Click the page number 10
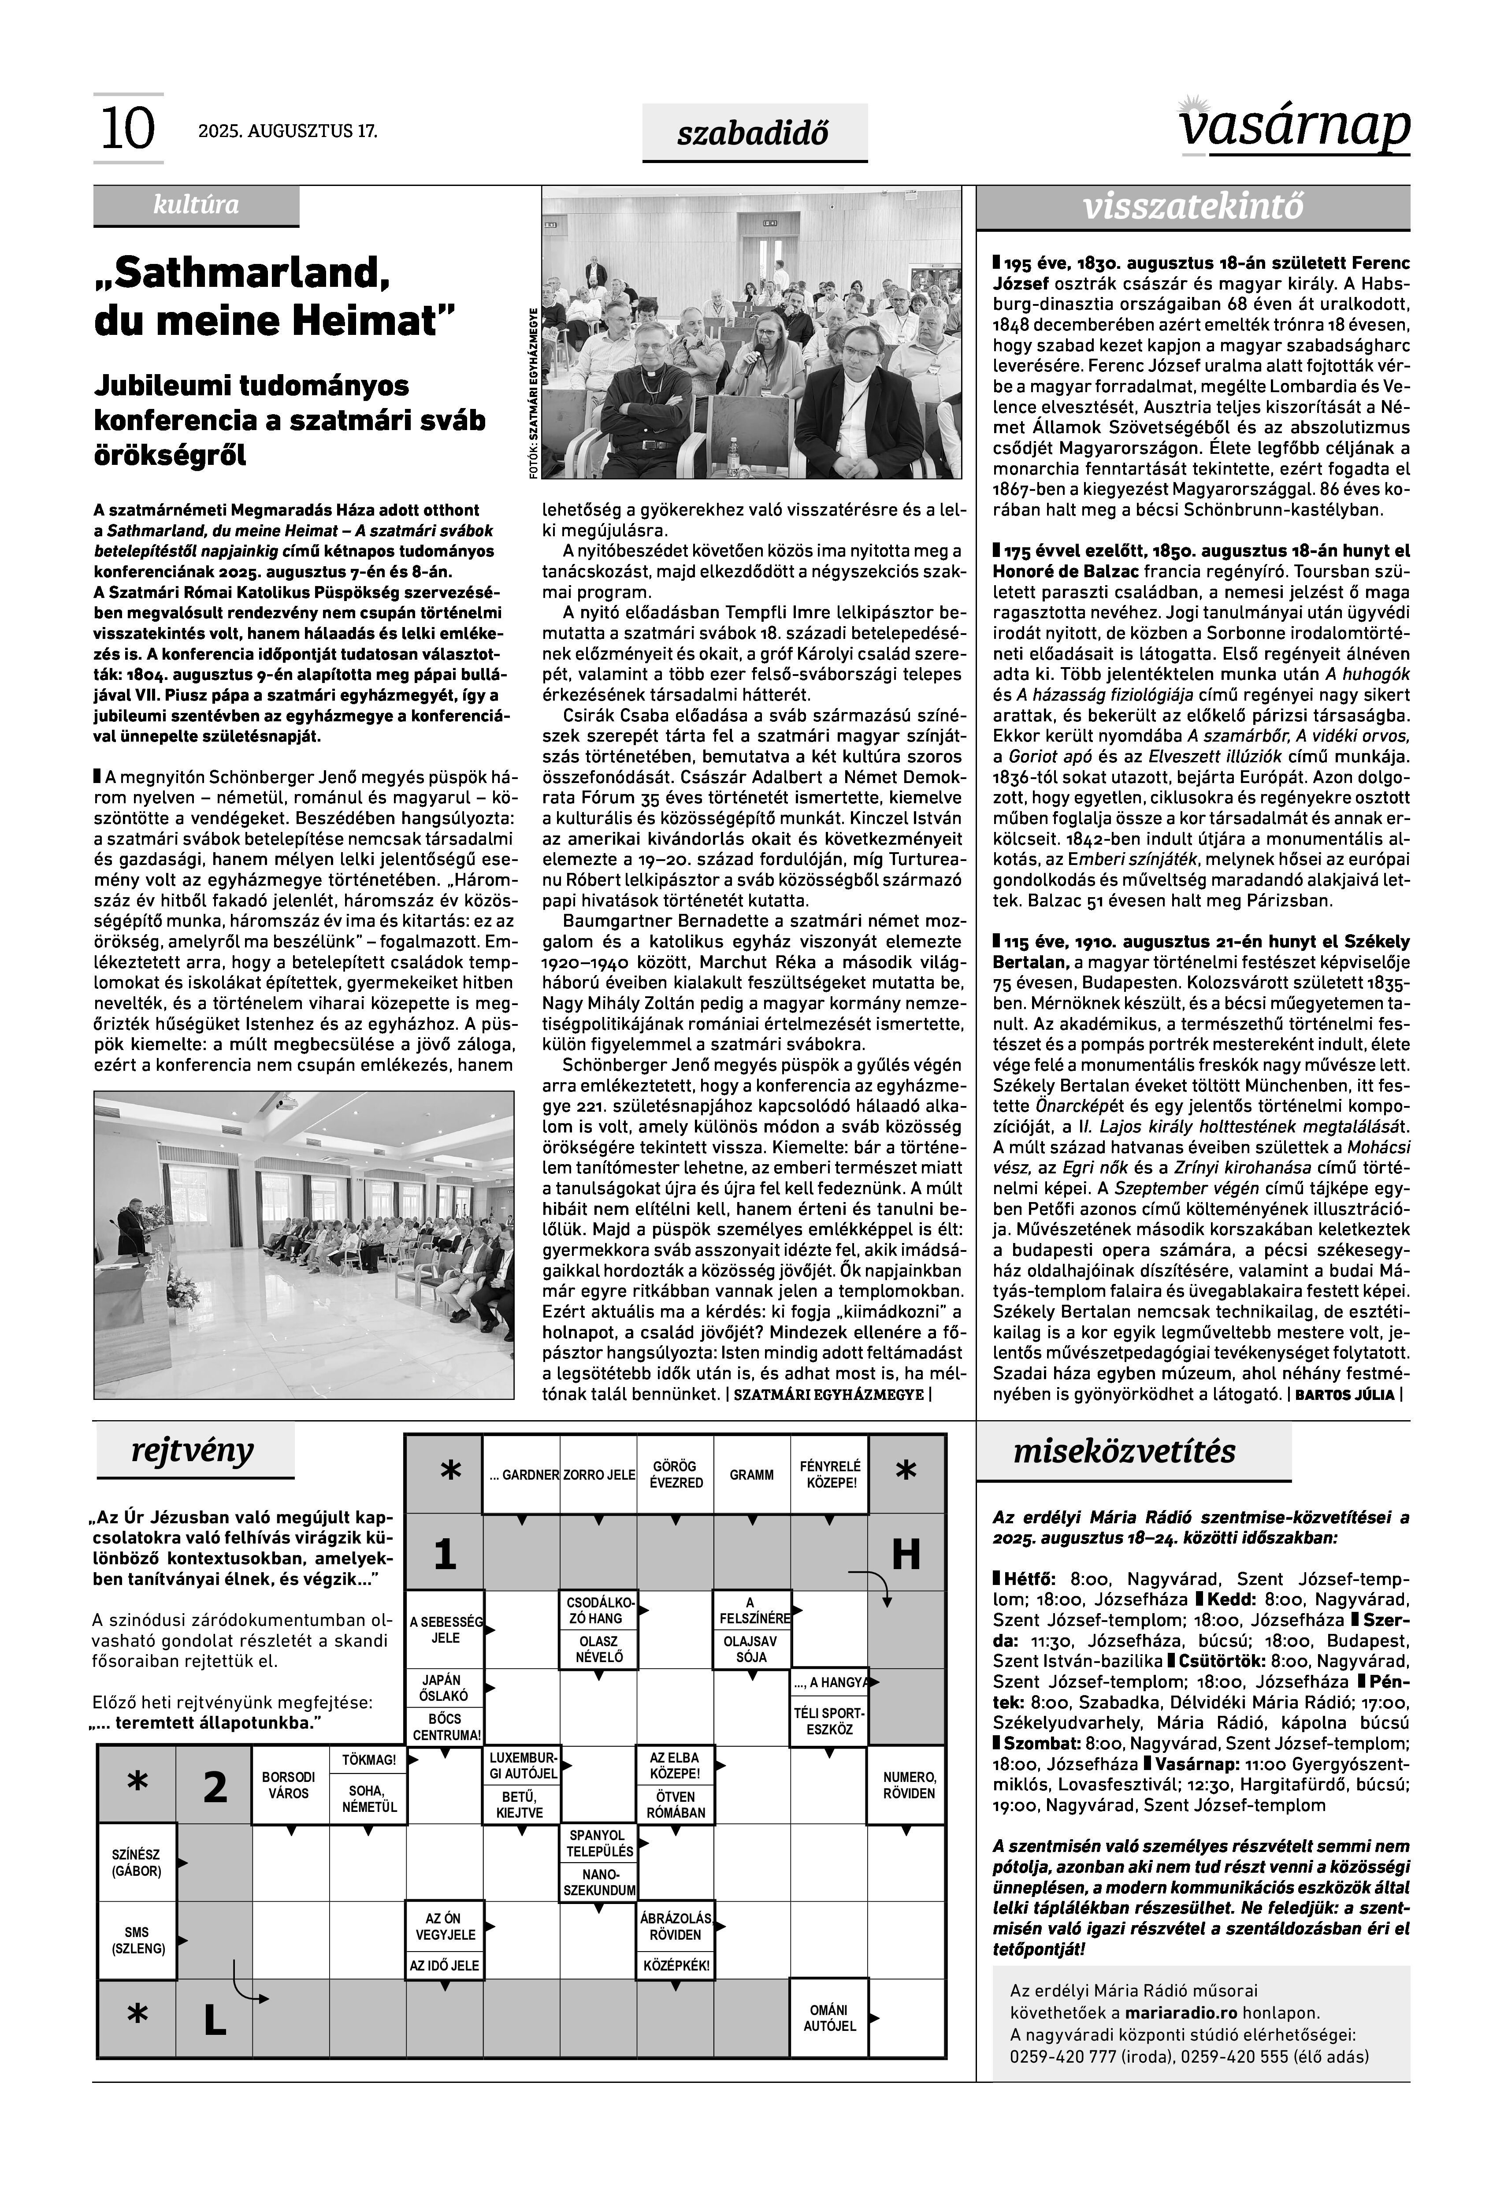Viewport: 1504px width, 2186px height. tap(126, 129)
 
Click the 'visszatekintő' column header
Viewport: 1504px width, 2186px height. tap(1193, 207)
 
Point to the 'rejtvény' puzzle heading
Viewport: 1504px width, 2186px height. tap(193, 1451)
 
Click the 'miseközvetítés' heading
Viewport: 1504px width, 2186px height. tap(1123, 1451)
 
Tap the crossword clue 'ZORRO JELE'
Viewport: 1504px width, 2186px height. tap(598, 1475)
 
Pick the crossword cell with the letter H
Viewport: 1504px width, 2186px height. tap(906, 1554)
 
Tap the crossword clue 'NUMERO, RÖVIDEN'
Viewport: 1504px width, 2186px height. tap(908, 1785)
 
